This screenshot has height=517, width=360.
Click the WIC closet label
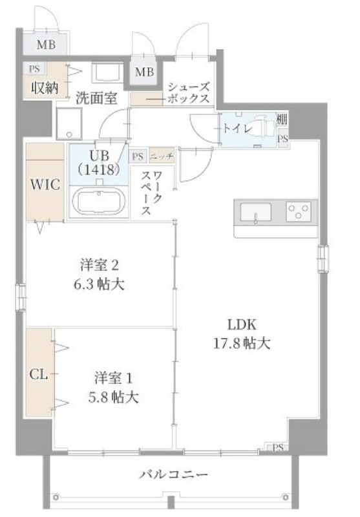(45, 184)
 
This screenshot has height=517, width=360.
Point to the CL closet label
(39, 374)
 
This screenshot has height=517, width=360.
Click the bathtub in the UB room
(99, 202)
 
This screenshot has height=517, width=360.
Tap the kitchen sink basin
(256, 212)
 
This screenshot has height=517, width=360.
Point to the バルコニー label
(173, 475)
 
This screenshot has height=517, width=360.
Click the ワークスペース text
(151, 193)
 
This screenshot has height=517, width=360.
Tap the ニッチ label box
(162, 156)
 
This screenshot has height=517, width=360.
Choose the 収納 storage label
(45, 88)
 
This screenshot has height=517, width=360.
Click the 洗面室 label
(96, 98)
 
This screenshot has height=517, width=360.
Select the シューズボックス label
(189, 93)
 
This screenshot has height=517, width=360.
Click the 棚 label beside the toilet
(282, 119)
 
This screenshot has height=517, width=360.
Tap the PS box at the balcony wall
(279, 447)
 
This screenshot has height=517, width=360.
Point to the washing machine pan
(69, 123)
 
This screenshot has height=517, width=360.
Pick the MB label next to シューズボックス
(144, 72)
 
